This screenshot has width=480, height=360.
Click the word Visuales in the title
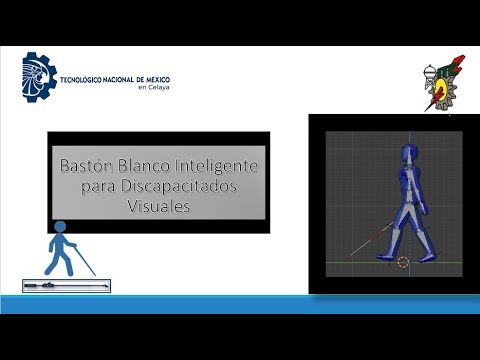[x=158, y=207]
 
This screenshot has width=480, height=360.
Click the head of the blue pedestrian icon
[x=60, y=227]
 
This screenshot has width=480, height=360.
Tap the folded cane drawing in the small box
[x=66, y=285]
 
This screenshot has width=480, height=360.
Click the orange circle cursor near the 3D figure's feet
[x=403, y=263]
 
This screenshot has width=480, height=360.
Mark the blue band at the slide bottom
[x=240, y=306]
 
